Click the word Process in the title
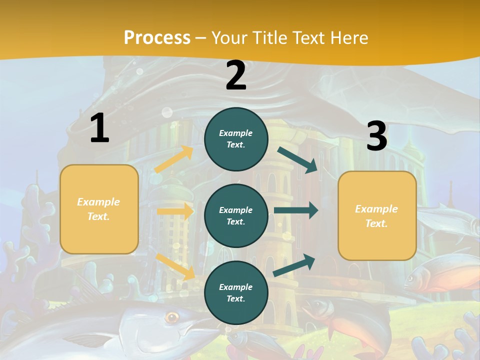tap(157, 37)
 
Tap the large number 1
tap(99, 128)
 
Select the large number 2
tap(236, 75)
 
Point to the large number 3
tap(376, 136)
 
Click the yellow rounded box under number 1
tap(99, 209)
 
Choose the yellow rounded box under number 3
tap(377, 216)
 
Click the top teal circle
tap(236, 139)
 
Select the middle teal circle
tap(236, 215)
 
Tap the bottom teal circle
tap(236, 292)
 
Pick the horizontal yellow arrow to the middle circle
tap(175, 211)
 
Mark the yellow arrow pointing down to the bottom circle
tap(175, 266)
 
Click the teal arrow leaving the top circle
tap(298, 159)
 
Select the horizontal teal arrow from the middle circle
tap(295, 210)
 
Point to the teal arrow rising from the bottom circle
tap(294, 265)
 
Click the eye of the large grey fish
tap(172, 316)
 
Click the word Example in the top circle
tap(236, 133)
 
